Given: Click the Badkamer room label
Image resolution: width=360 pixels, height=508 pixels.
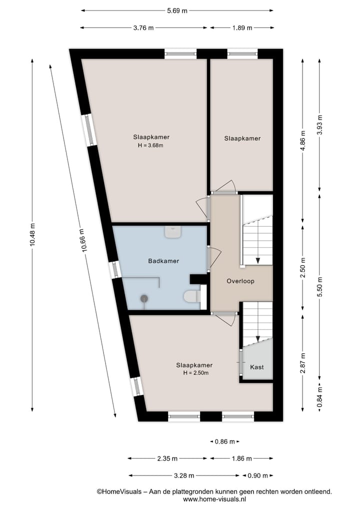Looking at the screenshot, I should point(163,261).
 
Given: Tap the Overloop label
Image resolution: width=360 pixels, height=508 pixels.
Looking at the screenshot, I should point(240,281).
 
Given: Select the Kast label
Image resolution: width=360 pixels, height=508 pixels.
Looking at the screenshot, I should point(256,367).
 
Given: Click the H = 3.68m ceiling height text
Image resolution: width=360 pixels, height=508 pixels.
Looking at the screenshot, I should point(150,146).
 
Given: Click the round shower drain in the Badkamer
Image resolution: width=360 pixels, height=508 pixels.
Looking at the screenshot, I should point(144,299).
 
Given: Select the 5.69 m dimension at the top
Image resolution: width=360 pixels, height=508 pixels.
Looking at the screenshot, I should point(177,10).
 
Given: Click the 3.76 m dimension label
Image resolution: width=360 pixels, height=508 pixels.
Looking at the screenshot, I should point(144,28).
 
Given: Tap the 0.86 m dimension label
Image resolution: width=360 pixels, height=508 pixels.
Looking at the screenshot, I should point(224,442).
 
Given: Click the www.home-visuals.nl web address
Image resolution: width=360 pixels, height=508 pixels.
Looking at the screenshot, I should point(214,499).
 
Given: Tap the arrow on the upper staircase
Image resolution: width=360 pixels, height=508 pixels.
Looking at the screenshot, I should point(258,260).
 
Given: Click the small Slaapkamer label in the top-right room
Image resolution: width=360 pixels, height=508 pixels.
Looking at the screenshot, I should point(242,138).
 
